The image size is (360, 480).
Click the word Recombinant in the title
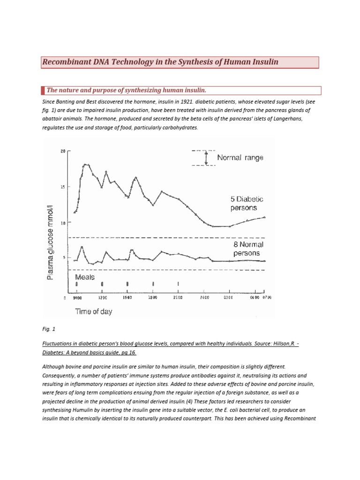click(x=65, y=62)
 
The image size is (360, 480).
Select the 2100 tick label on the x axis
click(x=179, y=298)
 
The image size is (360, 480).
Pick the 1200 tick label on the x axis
click(x=103, y=298)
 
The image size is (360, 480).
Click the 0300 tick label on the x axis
click(x=228, y=298)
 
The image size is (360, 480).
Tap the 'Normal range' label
click(x=240, y=158)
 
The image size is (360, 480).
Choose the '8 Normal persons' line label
click(x=248, y=248)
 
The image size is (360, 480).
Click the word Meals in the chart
click(x=85, y=277)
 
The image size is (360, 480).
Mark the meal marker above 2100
click(x=178, y=284)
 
